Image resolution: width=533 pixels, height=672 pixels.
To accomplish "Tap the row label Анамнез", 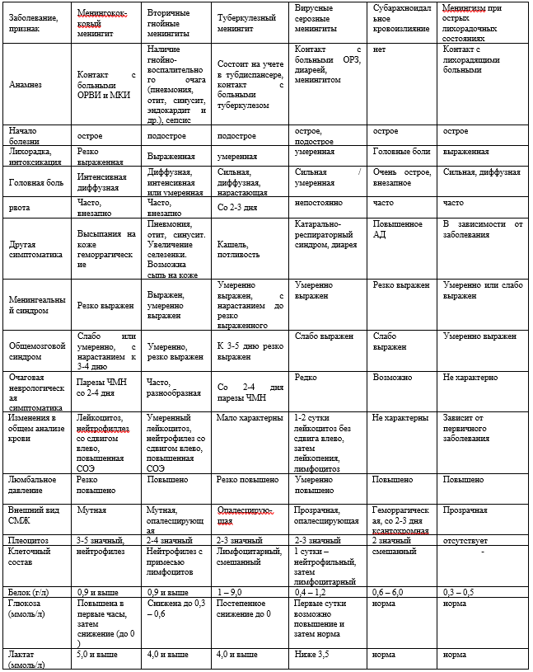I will pos(24,84).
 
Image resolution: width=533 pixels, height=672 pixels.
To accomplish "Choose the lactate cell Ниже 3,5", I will pos(312,655).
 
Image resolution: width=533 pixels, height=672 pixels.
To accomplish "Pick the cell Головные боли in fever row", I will pos(401,152).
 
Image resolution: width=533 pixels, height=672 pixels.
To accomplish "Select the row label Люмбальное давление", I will pos(32,484).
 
